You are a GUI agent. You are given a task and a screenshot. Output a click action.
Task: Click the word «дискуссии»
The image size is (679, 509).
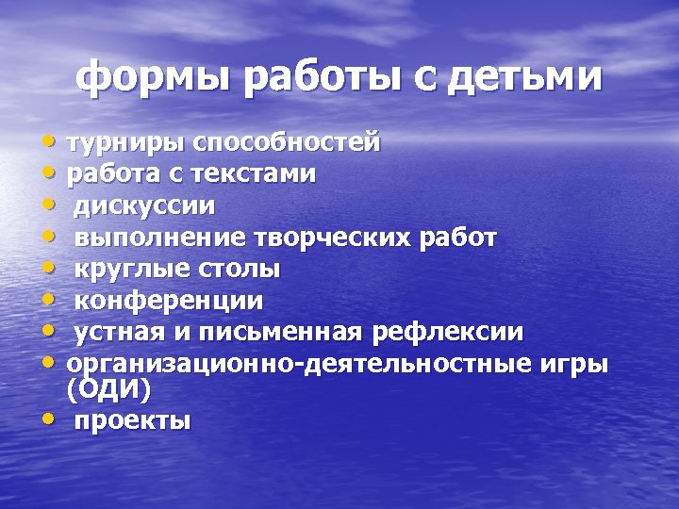[144, 205]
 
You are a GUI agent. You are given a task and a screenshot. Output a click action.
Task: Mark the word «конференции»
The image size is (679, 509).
[169, 301]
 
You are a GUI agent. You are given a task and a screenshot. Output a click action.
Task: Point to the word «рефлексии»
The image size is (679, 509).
[448, 333]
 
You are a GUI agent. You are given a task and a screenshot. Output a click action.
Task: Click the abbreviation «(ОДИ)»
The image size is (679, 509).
[108, 388]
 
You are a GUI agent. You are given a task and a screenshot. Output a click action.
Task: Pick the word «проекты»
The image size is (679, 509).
[132, 420]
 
